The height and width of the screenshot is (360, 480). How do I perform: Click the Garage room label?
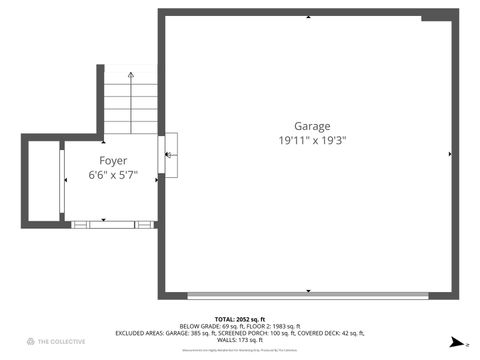[312, 126]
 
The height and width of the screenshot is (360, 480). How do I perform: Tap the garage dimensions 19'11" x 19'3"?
[312, 141]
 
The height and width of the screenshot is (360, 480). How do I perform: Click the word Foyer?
[112, 160]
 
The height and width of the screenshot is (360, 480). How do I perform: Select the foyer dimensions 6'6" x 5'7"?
[112, 175]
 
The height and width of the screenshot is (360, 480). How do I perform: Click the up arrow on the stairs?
[131, 76]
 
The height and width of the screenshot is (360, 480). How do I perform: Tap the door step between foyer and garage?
[170, 155]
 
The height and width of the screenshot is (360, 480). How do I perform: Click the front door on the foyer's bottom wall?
[112, 225]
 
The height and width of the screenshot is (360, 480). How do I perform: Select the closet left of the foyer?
[43, 181]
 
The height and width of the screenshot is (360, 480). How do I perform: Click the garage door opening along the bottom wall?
[308, 295]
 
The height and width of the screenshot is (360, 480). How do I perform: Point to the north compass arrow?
[456, 342]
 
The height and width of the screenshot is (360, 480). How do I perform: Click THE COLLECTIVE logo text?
[57, 342]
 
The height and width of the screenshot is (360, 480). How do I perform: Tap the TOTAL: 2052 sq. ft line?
[239, 318]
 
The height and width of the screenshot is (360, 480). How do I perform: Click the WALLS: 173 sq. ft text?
[239, 341]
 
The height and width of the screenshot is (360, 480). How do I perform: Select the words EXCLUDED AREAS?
[139, 333]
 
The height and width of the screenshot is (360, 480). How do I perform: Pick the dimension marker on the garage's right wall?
[451, 154]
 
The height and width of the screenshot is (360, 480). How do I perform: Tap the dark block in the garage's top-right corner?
[436, 16]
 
